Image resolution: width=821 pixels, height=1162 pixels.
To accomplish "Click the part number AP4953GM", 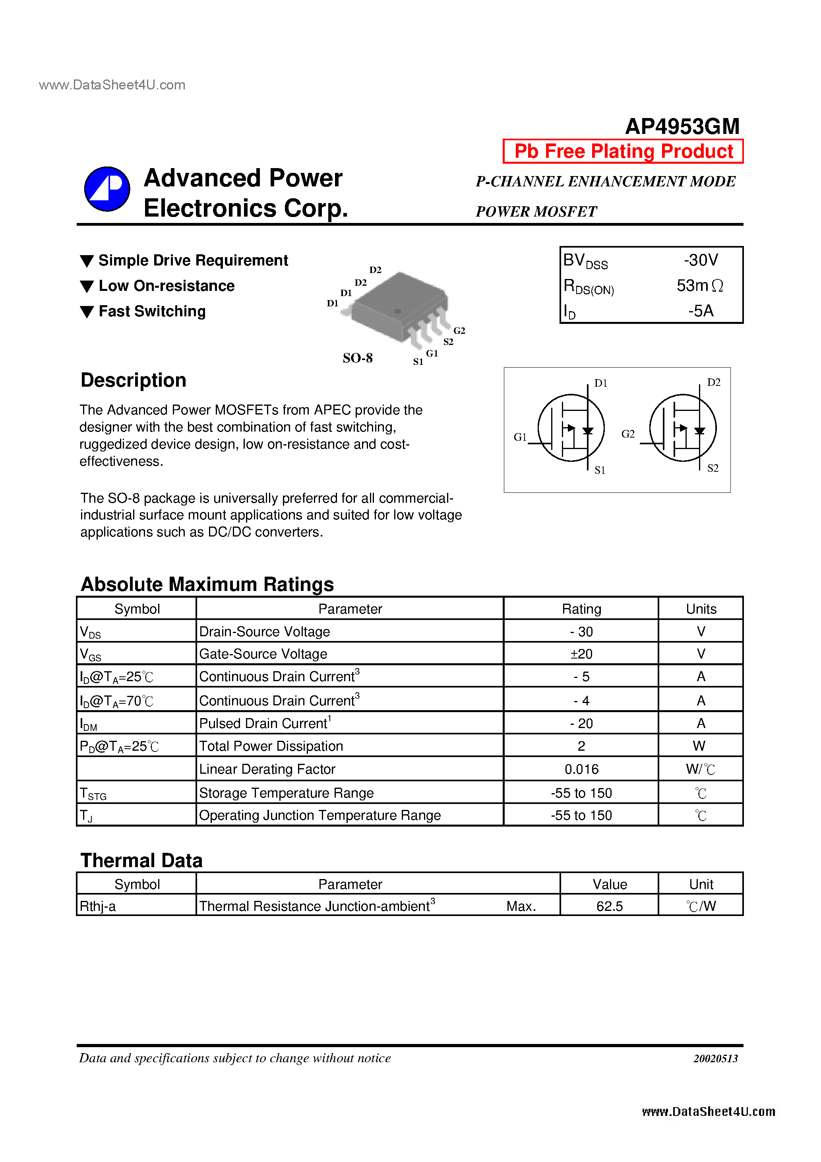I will pyautogui.click(x=682, y=126).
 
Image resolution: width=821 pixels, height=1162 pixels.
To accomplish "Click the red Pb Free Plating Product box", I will pyautogui.click(x=623, y=151).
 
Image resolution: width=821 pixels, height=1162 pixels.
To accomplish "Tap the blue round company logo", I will pyautogui.click(x=107, y=189).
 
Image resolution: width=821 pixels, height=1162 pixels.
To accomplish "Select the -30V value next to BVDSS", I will pyautogui.click(x=701, y=260).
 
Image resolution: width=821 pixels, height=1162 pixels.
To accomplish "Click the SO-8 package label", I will pyautogui.click(x=357, y=358).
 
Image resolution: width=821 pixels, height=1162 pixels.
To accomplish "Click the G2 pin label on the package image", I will pyautogui.click(x=459, y=331).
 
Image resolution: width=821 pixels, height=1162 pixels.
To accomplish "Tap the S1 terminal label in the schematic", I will pyautogui.click(x=600, y=470).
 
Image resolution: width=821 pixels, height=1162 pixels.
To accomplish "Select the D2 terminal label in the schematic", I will pyautogui.click(x=713, y=383).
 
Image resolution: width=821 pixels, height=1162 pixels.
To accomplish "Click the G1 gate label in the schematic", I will pyautogui.click(x=520, y=437).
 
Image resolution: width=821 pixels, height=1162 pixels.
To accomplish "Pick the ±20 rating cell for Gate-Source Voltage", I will pyautogui.click(x=581, y=654).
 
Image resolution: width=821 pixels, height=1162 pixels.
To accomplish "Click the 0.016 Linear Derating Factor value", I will pyautogui.click(x=581, y=769).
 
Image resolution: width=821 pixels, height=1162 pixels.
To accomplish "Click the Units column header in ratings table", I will pyautogui.click(x=701, y=609).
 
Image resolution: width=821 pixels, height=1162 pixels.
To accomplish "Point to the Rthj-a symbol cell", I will pyautogui.click(x=98, y=906).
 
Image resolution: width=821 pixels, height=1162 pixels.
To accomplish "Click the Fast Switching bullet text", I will pyautogui.click(x=152, y=311).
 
